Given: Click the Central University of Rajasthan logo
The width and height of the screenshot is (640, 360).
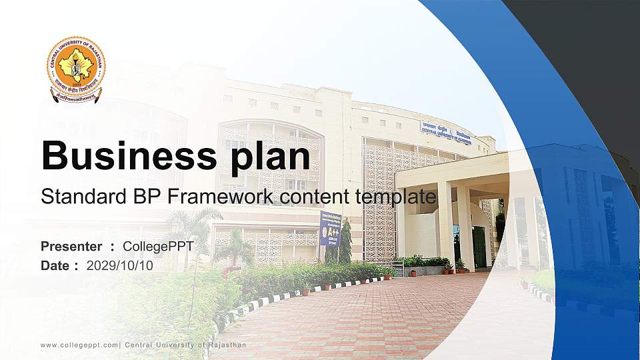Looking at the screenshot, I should coord(75,69).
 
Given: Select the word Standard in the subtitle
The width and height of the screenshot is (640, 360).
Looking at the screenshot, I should coord(75,197).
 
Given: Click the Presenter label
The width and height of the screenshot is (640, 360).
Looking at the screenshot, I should coord(71,247).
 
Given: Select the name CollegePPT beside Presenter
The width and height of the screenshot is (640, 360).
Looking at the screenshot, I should coord(158,247).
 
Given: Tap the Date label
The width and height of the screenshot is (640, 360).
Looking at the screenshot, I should coord(55,265).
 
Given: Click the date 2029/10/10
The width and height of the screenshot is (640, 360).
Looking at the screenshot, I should coord(119,265).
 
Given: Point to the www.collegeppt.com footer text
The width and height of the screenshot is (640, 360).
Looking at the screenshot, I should coord(79,345).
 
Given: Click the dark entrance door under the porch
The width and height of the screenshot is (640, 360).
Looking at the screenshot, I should coord(479,247).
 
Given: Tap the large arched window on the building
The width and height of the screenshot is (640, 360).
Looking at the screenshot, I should coord(270,157).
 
